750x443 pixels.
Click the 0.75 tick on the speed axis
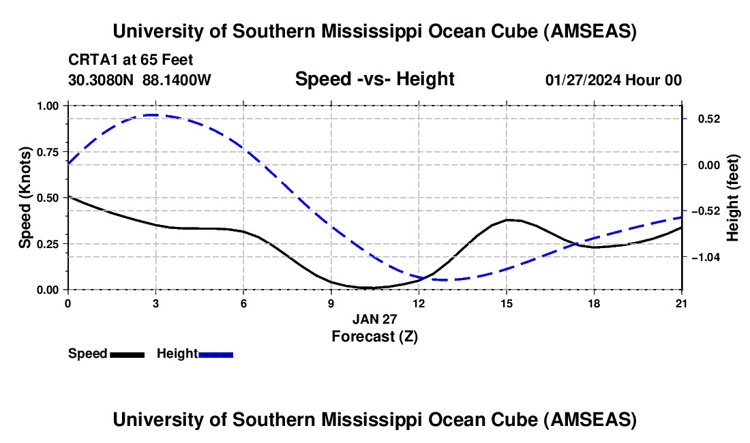coord(49,152)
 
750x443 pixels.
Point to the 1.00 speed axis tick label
coord(49,106)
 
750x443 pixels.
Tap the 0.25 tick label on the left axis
coord(49,244)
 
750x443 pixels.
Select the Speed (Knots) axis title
coord(25,198)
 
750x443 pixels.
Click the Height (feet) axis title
coord(734,198)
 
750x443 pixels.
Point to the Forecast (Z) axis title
coord(374,336)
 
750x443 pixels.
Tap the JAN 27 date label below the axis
coord(374,319)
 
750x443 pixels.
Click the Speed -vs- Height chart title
coord(374,79)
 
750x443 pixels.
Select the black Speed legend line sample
coord(127,354)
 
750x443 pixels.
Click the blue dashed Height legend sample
coord(216,354)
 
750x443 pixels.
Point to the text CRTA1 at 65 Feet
coord(126,59)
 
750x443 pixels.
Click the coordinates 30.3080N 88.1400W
coord(140,80)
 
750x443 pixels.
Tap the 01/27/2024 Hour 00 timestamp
coord(613,80)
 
